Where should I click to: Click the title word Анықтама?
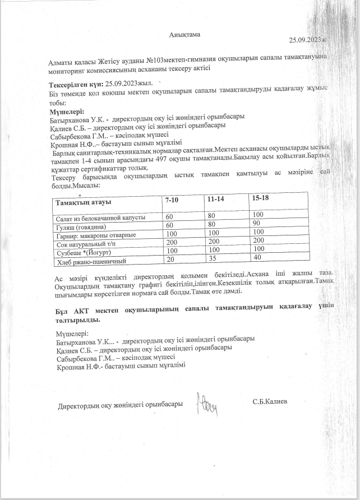(184, 35)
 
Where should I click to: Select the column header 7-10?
(172, 200)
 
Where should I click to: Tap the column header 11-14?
(215, 199)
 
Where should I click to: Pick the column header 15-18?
(261, 198)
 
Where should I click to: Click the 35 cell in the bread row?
(212, 259)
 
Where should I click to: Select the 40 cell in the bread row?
(258, 257)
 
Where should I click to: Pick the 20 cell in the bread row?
(169, 260)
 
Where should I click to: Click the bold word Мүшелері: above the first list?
(67, 110)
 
